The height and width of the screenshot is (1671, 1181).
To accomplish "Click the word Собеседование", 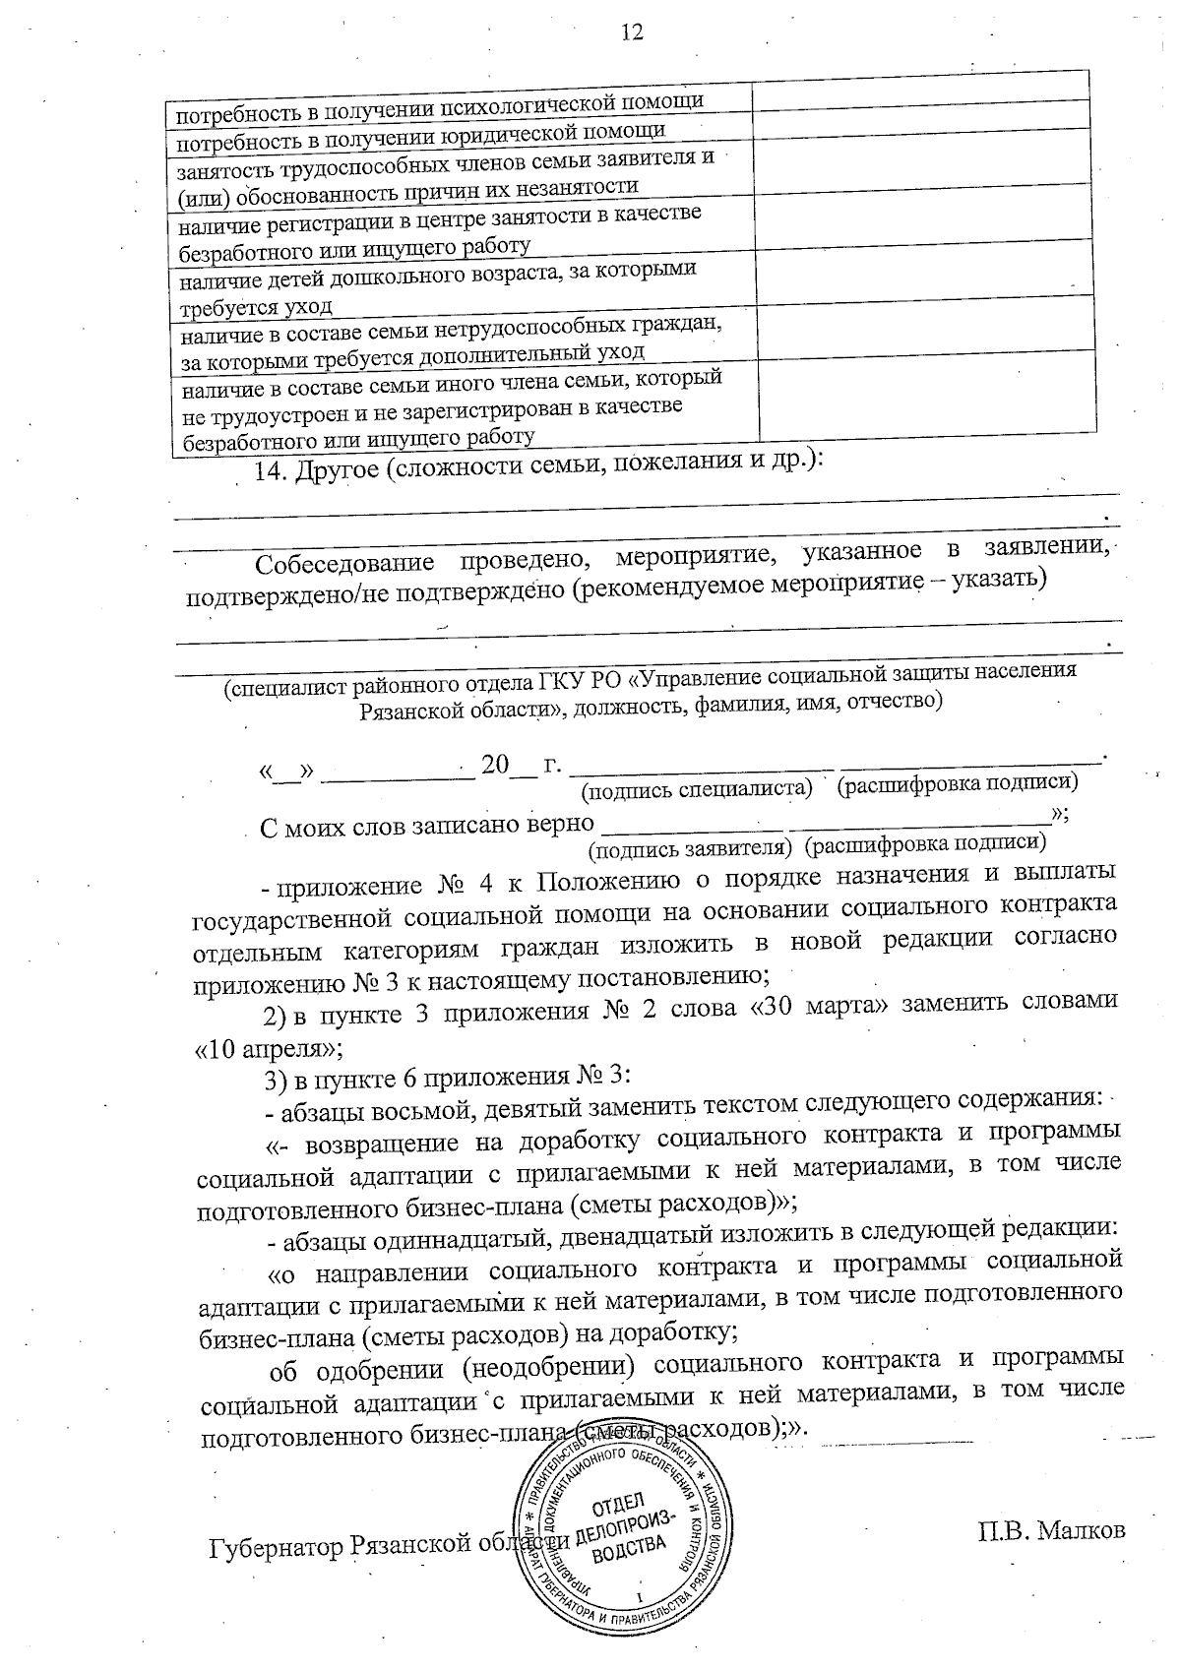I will [344, 564].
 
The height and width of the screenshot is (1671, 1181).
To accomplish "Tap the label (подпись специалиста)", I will [697, 788].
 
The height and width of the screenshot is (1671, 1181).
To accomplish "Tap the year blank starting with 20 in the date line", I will [509, 765].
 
